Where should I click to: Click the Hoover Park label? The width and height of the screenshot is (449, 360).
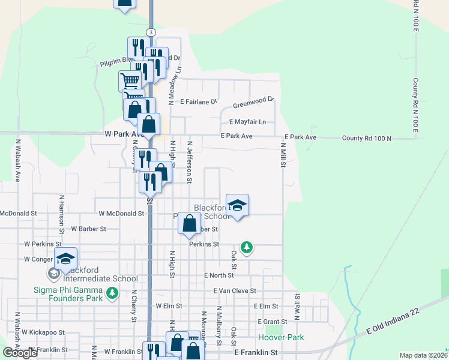[x=285, y=337]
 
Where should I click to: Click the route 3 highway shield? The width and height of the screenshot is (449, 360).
[x=151, y=32]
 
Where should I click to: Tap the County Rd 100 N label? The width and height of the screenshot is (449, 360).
[x=366, y=138]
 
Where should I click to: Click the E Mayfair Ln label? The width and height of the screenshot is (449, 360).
[x=248, y=121]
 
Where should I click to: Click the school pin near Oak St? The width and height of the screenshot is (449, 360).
[x=237, y=205]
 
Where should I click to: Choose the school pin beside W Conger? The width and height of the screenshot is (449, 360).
[x=65, y=259]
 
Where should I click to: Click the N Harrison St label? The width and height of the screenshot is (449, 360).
[x=62, y=213]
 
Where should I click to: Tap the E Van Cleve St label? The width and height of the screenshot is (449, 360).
[x=235, y=291]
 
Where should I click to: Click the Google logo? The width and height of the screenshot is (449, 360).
[x=20, y=353]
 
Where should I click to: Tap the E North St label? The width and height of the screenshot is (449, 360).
[x=218, y=275]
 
